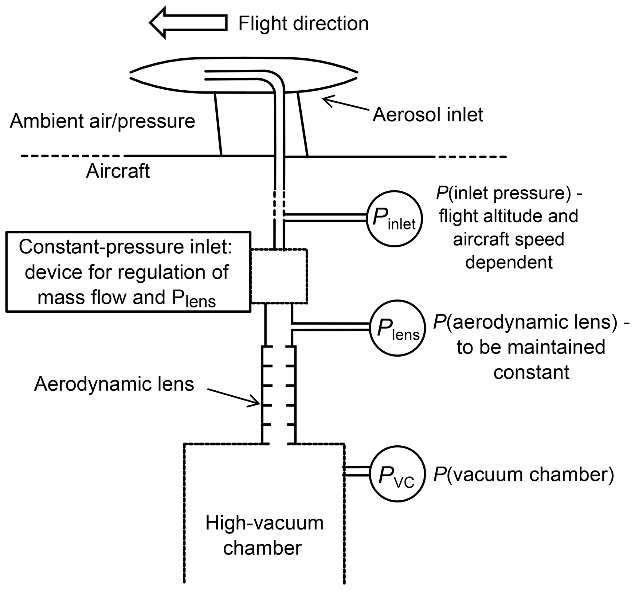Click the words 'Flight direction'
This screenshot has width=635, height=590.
tap(303, 23)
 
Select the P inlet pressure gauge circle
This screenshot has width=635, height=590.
tap(394, 219)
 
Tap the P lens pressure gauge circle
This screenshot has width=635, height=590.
tap(397, 328)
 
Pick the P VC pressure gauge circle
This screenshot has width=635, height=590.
tap(397, 474)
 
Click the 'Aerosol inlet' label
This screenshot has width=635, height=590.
tap(428, 115)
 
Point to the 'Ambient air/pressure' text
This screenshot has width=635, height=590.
tap(102, 121)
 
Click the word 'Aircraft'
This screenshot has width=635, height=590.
tap(118, 171)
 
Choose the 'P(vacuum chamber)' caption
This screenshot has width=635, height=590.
tap(523, 475)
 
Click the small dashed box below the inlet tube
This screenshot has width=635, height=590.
tap(279, 276)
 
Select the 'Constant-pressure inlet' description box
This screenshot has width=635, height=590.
tap(128, 272)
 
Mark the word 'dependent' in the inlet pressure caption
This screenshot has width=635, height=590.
tap(508, 262)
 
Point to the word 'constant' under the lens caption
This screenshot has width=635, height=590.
tap(531, 372)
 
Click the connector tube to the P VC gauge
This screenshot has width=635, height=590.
tap(356, 471)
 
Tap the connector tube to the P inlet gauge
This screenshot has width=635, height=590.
tap(325, 218)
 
